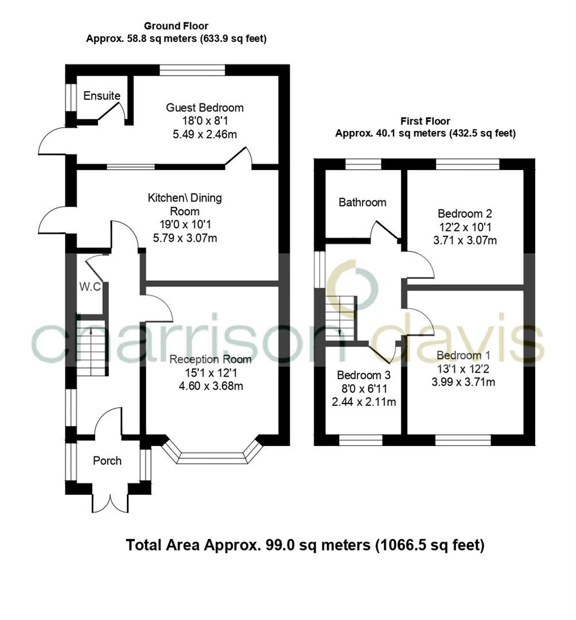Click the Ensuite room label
(102, 95)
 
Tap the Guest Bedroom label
(205, 107)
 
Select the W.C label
(90, 286)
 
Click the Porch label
(107, 460)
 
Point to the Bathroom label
(362, 202)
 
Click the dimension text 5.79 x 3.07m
(185, 238)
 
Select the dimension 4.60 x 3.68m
(211, 386)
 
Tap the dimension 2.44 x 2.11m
(364, 401)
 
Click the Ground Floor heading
(176, 26)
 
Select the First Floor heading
(425, 121)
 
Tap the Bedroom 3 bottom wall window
(361, 440)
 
